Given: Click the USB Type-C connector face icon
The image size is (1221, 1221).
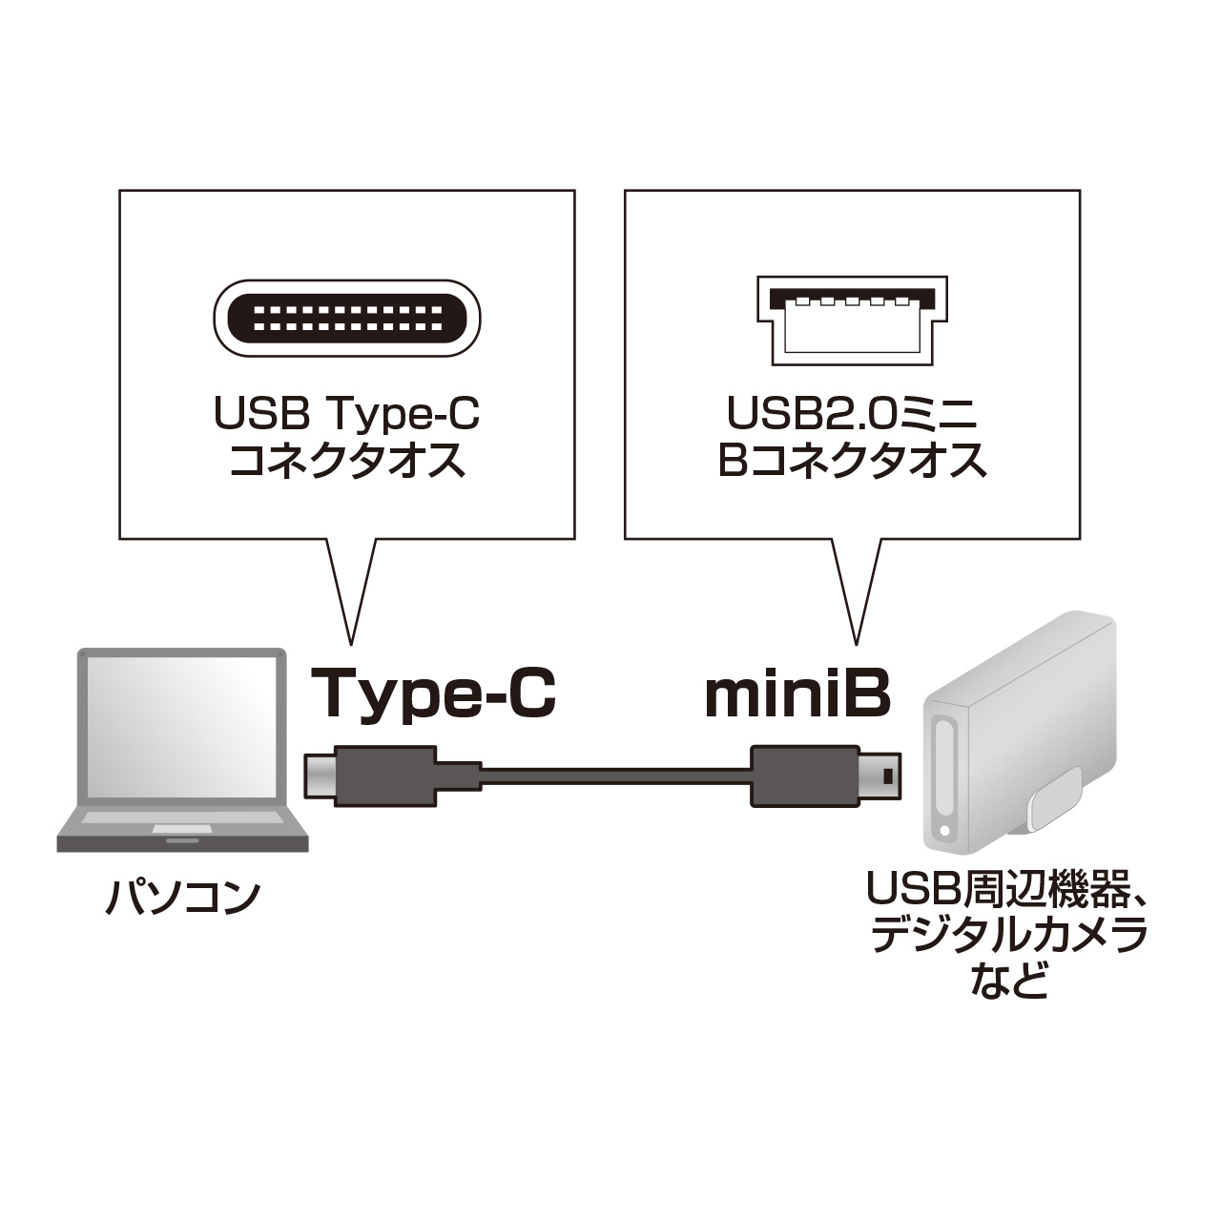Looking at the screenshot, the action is coord(346,320).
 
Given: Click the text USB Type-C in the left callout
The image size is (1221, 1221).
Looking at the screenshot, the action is coord(347,413).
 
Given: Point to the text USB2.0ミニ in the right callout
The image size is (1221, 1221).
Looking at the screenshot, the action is coord(852,413).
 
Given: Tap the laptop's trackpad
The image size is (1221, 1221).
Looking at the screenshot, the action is coord(182,830).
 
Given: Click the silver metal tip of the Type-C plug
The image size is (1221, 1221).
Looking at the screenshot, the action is coord(320,776).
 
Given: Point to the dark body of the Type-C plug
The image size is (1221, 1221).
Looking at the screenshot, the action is coord(385,776).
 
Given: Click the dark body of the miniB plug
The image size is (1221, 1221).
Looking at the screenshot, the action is coord(801,776).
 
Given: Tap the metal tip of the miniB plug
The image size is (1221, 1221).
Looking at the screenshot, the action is coord(877,776).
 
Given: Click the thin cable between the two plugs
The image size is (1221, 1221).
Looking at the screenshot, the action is coord(616,776).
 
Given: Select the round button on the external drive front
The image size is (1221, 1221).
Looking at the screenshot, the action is coord(945,831).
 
